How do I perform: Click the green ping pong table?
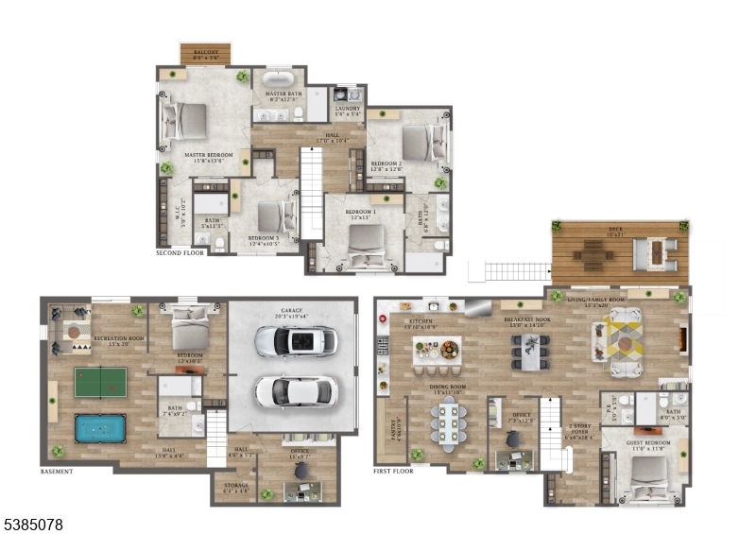click(x=100, y=382)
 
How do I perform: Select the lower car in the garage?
click(x=295, y=388)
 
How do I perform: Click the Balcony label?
click(x=206, y=52)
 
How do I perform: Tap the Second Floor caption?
click(x=180, y=253)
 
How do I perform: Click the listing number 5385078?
click(x=33, y=523)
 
